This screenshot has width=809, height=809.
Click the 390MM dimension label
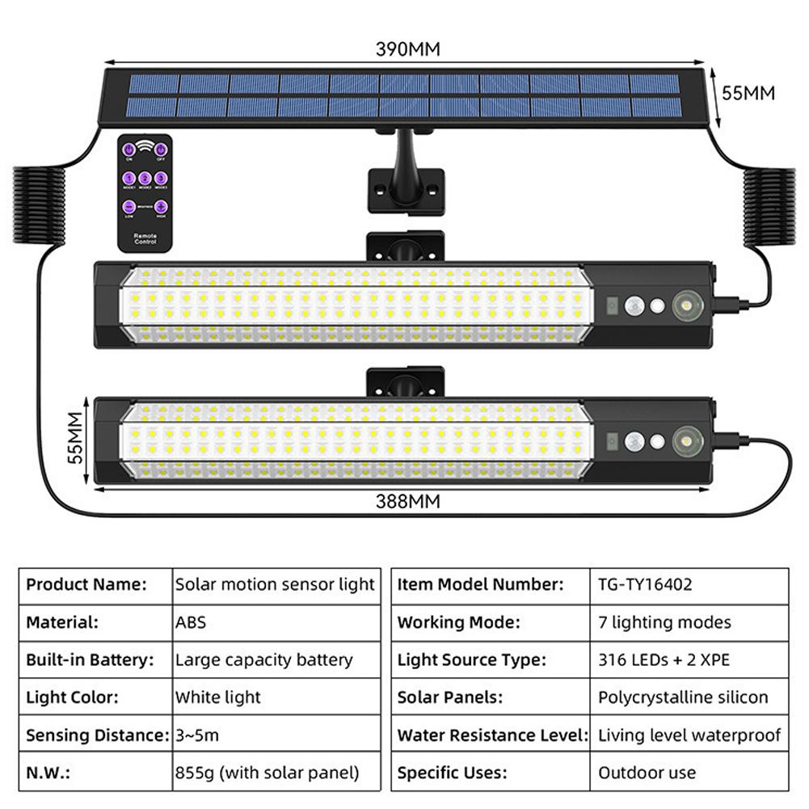click(408, 48)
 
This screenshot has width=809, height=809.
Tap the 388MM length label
click(408, 501)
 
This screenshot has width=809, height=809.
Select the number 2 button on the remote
click(145, 178)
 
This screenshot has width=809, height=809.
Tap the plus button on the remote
click(161, 207)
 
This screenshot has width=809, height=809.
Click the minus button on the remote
click(129, 207)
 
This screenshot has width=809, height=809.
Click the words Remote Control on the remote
click(145, 238)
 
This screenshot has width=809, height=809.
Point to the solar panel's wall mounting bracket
click(406, 190)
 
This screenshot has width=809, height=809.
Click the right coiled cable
click(769, 207)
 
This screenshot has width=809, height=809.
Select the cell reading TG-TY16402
click(645, 584)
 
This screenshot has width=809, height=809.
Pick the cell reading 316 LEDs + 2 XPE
click(664, 659)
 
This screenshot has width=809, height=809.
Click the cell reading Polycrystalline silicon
click(683, 697)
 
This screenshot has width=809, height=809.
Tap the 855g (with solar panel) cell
click(267, 773)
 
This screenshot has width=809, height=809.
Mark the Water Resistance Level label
click(491, 735)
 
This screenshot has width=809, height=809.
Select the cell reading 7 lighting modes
click(664, 622)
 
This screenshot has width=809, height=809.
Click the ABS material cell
click(191, 622)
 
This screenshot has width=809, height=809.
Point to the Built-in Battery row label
click(90, 659)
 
